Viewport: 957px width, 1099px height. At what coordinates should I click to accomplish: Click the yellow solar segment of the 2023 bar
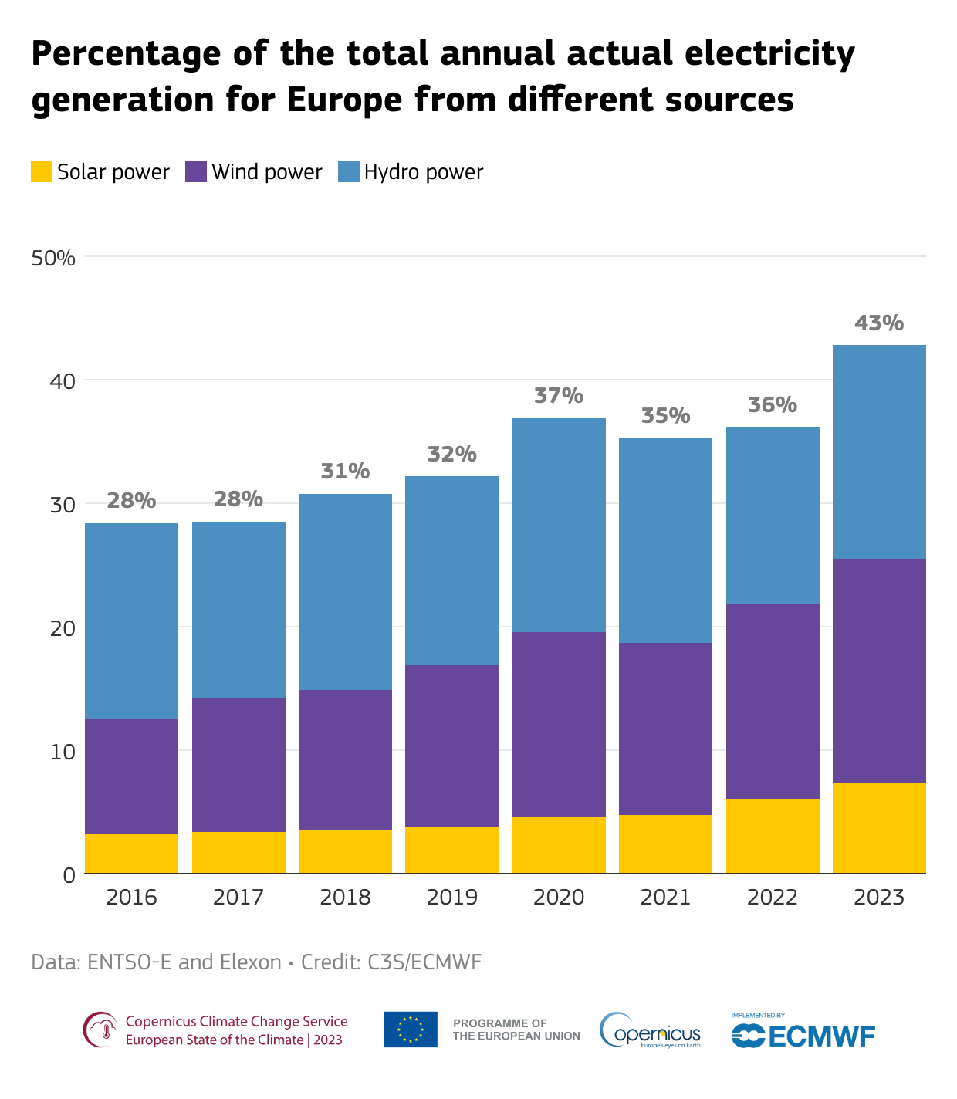(x=879, y=827)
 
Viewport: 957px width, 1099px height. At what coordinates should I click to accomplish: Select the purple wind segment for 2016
(x=131, y=776)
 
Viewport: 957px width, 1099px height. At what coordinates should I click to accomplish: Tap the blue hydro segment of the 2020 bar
(x=559, y=525)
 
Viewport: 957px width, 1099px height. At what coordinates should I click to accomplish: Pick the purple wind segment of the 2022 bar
(x=773, y=701)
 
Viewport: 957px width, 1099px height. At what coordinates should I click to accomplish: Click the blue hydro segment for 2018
(x=345, y=592)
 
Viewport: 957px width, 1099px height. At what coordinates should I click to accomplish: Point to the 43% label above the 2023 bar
(x=879, y=323)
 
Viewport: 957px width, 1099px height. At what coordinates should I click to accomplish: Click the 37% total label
(x=559, y=396)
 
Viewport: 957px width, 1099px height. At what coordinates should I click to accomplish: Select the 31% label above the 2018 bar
(x=345, y=472)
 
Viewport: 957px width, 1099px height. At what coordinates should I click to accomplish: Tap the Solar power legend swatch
(x=42, y=171)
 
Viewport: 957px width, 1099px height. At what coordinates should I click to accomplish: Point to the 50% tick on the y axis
(x=53, y=258)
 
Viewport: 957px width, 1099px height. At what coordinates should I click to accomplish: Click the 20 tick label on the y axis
(x=63, y=628)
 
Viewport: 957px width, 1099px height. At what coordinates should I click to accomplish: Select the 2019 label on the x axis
(x=451, y=898)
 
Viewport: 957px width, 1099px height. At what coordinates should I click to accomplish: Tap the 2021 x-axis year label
(x=665, y=898)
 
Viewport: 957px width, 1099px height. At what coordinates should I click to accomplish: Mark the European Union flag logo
(x=410, y=1030)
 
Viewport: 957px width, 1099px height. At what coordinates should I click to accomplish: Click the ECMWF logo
(x=803, y=1035)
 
